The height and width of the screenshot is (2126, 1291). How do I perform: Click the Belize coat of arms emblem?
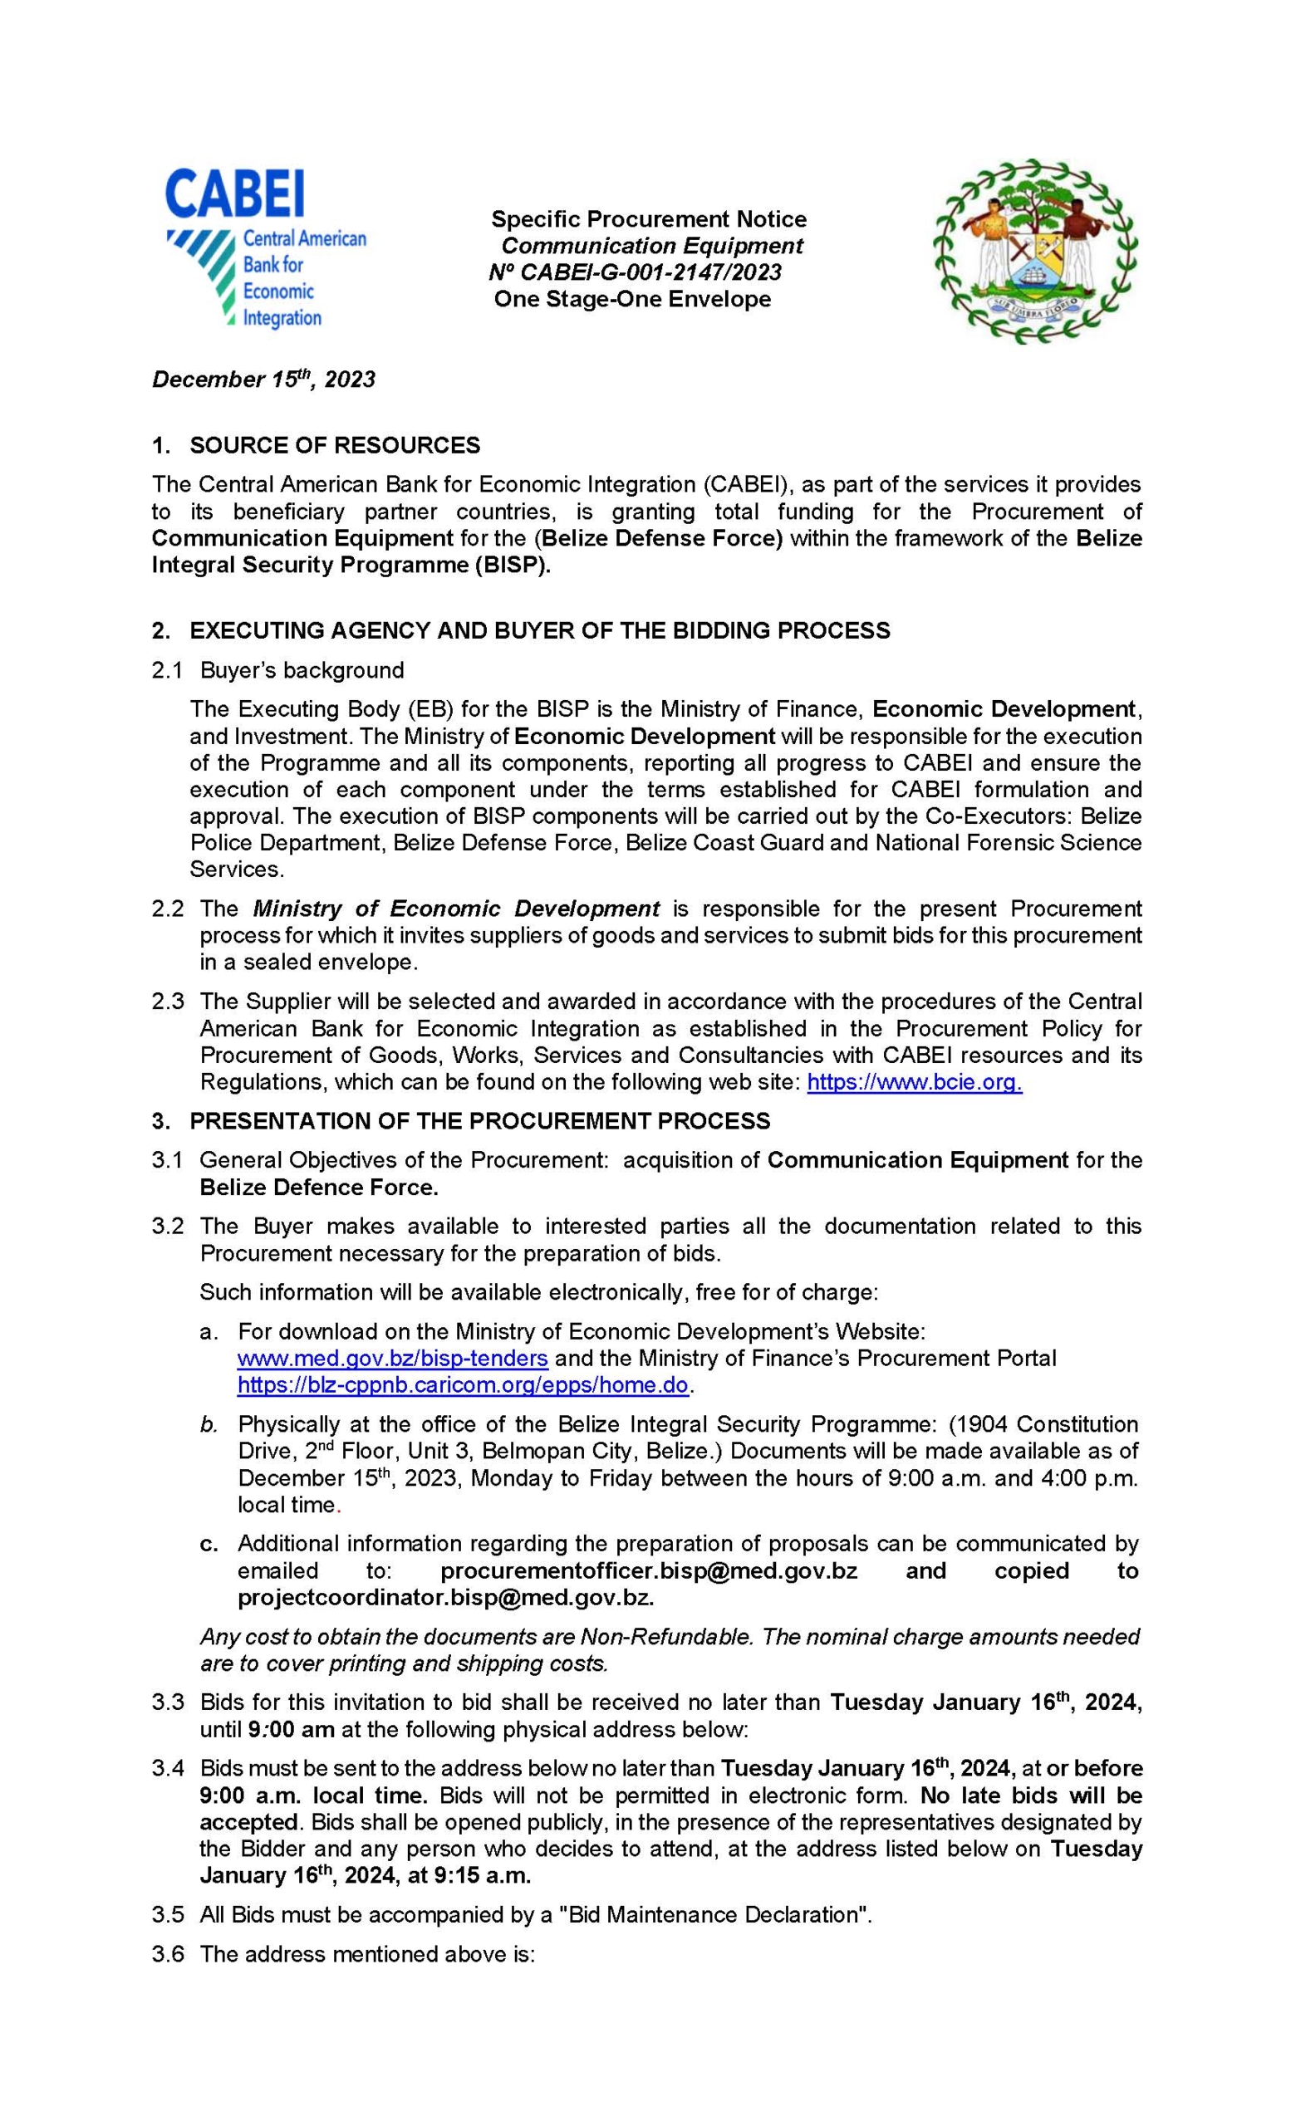(1034, 251)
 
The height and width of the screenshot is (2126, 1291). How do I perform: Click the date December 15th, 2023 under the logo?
(263, 380)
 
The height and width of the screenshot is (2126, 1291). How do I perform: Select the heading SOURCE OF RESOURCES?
(335, 445)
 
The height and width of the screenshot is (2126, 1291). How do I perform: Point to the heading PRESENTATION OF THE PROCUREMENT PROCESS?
(480, 1121)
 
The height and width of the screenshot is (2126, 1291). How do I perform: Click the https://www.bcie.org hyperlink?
(914, 1082)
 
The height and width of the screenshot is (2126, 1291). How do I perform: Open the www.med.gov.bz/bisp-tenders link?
(393, 1358)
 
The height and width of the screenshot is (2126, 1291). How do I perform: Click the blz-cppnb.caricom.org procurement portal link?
(464, 1386)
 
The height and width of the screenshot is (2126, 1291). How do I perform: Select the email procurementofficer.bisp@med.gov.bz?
(649, 1570)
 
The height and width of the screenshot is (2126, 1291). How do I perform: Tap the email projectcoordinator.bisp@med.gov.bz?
(445, 1597)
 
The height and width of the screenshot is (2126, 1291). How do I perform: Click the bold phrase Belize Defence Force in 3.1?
(319, 1188)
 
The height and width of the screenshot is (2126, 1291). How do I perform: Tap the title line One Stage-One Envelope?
(631, 300)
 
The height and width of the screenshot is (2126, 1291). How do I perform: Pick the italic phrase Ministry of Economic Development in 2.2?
(455, 909)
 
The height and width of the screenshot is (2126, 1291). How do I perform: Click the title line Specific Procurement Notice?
(649, 219)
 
